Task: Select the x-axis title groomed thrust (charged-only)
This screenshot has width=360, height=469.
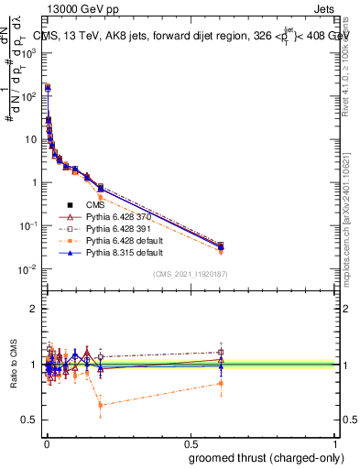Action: [x=263, y=458]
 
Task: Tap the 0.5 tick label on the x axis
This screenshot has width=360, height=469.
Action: [x=191, y=442]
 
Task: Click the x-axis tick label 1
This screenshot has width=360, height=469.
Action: [x=335, y=442]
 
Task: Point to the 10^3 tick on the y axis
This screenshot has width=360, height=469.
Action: [x=31, y=52]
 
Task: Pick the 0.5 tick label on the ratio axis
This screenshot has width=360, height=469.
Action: [x=30, y=420]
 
